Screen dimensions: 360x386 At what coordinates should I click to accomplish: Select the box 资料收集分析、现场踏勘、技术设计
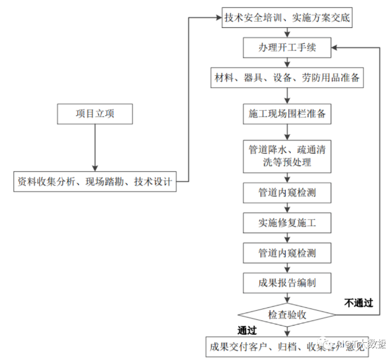pyautogui.click(x=95, y=181)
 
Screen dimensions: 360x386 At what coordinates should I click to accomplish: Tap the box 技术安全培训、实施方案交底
pyautogui.click(x=287, y=18)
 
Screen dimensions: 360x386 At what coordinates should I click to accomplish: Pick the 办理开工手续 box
pyautogui.click(x=287, y=48)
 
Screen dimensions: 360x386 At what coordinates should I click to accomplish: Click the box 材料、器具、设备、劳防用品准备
pyautogui.click(x=287, y=78)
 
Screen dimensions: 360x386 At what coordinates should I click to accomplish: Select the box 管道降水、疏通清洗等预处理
pyautogui.click(x=287, y=155)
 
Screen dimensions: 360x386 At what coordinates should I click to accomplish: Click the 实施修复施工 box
pyautogui.click(x=287, y=223)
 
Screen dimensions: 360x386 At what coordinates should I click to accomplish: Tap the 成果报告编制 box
pyautogui.click(x=287, y=283)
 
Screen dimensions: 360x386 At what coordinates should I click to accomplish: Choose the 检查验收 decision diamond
pyautogui.click(x=287, y=314)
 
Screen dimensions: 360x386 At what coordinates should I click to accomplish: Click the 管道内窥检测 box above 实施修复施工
pyautogui.click(x=287, y=193)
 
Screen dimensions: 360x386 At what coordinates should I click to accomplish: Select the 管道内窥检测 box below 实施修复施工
pyautogui.click(x=287, y=253)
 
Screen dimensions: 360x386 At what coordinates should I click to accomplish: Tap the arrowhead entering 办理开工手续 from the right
pyautogui.click(x=336, y=48)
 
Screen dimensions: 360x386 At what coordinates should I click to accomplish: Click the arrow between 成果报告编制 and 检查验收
pyautogui.click(x=287, y=298)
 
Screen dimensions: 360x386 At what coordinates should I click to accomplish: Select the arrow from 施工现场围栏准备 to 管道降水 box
pyautogui.click(x=287, y=132)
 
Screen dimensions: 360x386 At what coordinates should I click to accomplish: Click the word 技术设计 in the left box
pyautogui.click(x=153, y=181)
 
